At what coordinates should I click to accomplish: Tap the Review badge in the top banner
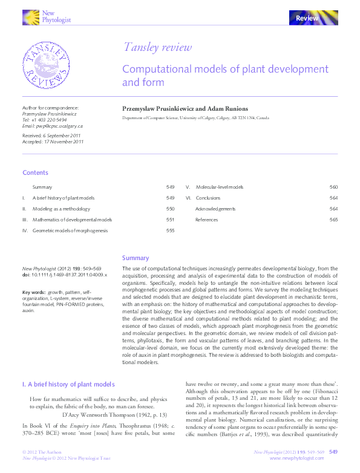pyautogui.click(x=307, y=19)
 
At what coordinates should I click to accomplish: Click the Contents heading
pyautogui.click(x=35, y=173)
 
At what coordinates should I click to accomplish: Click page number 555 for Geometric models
pyautogui.click(x=170, y=230)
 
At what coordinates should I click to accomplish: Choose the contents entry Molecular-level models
pyautogui.click(x=220, y=188)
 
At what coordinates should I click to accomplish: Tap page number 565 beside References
pyautogui.click(x=333, y=220)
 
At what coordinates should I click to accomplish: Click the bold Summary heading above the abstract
pyautogui.click(x=136, y=258)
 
